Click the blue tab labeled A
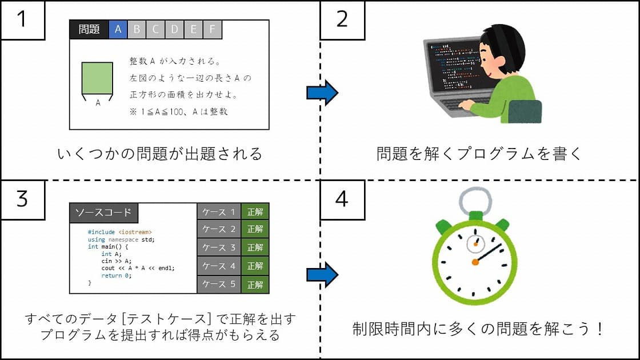[x=118, y=29]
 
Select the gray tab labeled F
[x=212, y=29]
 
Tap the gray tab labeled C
[x=155, y=29]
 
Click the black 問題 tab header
[x=89, y=29]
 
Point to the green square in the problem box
[x=97, y=78]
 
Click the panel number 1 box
[x=22, y=19]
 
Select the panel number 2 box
[x=342, y=19]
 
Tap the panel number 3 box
[x=22, y=199]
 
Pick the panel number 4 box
[x=342, y=199]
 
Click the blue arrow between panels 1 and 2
[x=322, y=93]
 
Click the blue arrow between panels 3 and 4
[x=322, y=274]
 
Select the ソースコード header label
[x=103, y=213]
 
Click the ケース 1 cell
[x=219, y=212]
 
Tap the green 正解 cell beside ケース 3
[x=255, y=247]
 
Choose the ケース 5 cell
[x=219, y=285]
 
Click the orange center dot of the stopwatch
[x=475, y=262]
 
